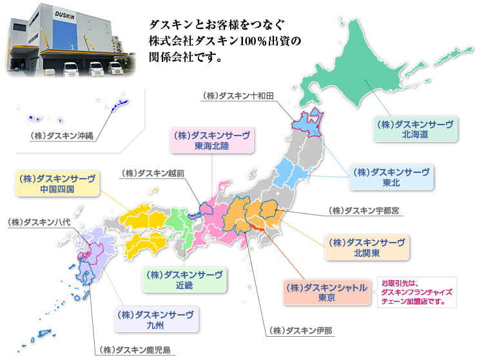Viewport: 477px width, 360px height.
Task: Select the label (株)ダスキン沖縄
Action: (62, 135)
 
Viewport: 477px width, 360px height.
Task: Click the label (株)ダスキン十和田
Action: (238, 95)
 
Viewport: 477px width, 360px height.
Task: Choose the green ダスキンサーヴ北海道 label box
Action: (415, 129)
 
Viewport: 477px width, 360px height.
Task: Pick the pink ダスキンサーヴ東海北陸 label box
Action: (211, 141)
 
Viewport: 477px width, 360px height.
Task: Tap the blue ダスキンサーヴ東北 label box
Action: (389, 177)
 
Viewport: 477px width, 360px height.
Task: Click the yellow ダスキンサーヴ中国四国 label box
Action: (57, 183)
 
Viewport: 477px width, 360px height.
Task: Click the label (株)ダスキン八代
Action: (38, 222)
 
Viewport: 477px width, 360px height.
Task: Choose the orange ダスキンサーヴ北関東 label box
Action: (366, 248)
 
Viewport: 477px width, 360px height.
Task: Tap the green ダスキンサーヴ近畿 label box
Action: (184, 279)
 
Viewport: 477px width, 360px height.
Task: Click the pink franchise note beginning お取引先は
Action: (415, 292)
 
